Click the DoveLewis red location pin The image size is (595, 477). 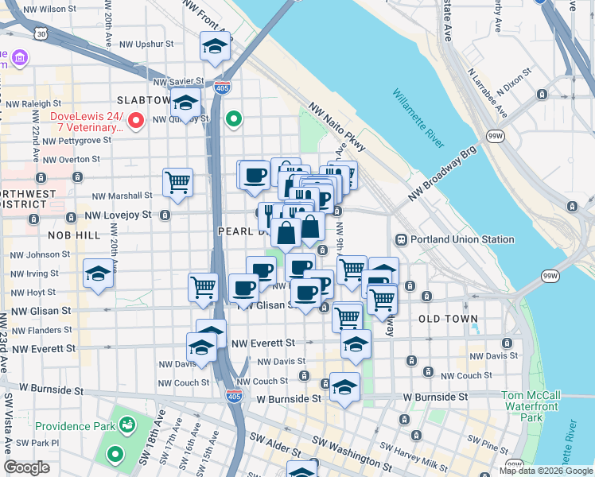[x=136, y=121]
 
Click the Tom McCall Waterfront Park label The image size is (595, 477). [x=532, y=406]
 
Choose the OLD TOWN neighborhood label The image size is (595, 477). [x=448, y=319]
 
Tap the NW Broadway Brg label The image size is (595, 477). [x=442, y=173]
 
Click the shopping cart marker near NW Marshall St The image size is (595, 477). [x=177, y=182]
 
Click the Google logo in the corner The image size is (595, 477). [x=26, y=467]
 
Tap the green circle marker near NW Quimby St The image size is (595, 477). [x=233, y=120]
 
